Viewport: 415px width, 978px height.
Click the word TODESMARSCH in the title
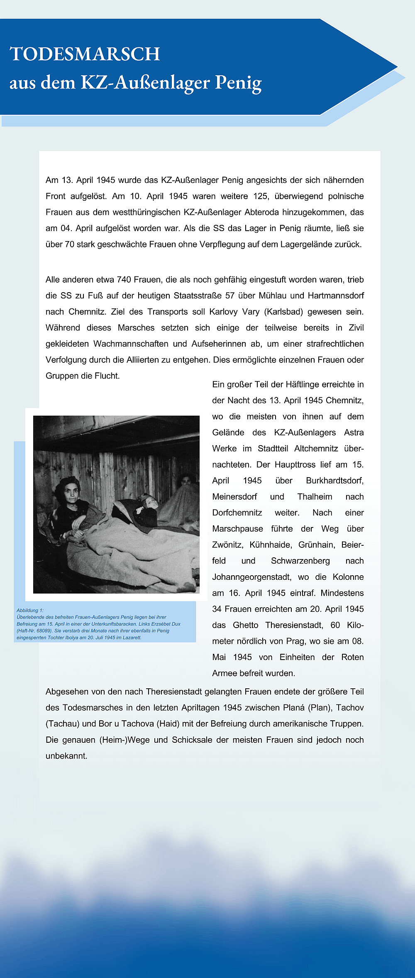point(85,54)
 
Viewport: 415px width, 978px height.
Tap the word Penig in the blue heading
point(238,83)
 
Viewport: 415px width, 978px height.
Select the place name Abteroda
point(261,212)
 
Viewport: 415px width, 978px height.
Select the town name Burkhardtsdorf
point(334,480)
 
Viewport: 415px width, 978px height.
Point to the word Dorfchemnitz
point(237,512)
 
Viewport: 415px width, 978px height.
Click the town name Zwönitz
point(227,545)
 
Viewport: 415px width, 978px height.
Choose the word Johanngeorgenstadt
point(251,577)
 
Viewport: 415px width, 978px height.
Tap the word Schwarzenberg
point(300,561)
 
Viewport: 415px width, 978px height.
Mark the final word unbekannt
point(66,756)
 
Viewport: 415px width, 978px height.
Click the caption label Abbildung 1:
point(30,610)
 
